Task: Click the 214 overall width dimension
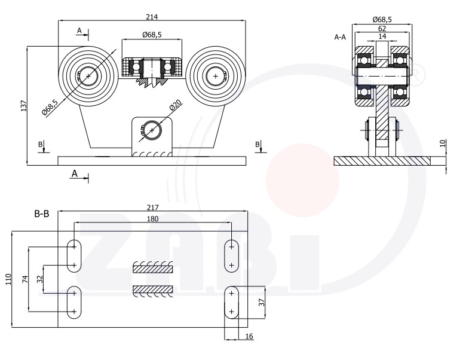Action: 152,17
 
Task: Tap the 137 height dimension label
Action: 24,106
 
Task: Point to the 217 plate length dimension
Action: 152,208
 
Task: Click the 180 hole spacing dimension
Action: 152,219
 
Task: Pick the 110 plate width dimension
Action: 8,279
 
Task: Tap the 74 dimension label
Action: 25,279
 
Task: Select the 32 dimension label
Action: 40,279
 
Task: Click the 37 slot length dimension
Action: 262,303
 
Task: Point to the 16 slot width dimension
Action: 249,337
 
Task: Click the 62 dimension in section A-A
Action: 382,29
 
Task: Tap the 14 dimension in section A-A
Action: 382,36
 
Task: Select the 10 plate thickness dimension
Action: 443,143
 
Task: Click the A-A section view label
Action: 340,37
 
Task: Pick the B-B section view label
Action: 42,214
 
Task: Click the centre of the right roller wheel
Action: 216,76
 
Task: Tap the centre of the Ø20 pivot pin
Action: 152,130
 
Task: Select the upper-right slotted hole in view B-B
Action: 231,256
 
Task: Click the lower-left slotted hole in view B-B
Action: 74,302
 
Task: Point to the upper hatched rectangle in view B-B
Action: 152,269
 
